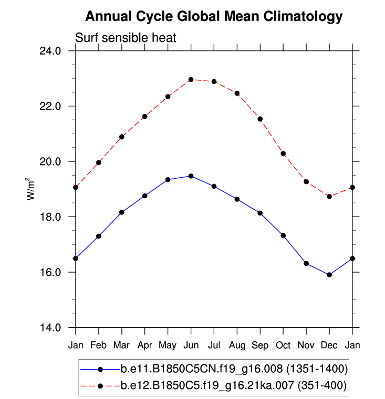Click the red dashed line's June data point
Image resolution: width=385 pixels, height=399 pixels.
pyautogui.click(x=191, y=80)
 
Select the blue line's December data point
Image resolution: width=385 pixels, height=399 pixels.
pyautogui.click(x=329, y=275)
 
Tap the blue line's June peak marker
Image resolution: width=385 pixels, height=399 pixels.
pyautogui.click(x=191, y=176)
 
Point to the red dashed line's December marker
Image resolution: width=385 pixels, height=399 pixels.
pyautogui.click(x=329, y=197)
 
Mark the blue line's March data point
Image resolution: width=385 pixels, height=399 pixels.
pyautogui.click(x=122, y=212)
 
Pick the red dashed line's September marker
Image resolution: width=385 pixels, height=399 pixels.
pyautogui.click(x=260, y=119)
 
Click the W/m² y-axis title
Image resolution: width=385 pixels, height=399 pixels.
pyautogui.click(x=30, y=189)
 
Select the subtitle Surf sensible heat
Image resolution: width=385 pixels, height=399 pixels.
pyautogui.click(x=126, y=38)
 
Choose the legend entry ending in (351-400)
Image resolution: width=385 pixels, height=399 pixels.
pyautogui.click(x=234, y=385)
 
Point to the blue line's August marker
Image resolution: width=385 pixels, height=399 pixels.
pyautogui.click(x=237, y=199)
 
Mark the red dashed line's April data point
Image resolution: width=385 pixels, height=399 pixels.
pyautogui.click(x=145, y=116)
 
